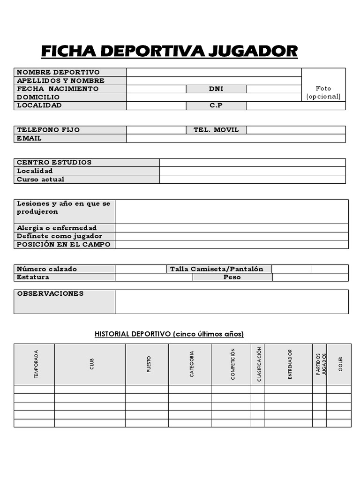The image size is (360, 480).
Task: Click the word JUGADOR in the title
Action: tap(253, 51)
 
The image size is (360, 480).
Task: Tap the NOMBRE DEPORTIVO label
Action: tap(59, 72)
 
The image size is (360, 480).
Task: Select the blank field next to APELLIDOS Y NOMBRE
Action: tap(214, 81)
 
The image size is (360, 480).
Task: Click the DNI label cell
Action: tap(216, 89)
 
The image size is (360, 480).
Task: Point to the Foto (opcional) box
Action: tap(323, 92)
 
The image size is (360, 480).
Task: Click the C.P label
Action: tap(216, 105)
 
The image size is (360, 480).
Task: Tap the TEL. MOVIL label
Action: tap(216, 130)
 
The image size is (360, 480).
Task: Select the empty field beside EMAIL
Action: tap(236, 138)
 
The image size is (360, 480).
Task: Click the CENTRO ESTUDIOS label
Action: tap(54, 163)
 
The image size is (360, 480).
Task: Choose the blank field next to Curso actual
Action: tap(252, 179)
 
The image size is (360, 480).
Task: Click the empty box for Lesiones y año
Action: tap(232, 211)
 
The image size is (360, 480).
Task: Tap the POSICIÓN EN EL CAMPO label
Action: tap(64, 245)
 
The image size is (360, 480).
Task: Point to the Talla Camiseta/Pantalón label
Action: tap(217, 269)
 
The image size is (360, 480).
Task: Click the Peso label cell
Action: tap(232, 277)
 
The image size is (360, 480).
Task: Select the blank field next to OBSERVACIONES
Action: tap(232, 301)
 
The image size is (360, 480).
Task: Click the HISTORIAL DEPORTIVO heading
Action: tap(169, 334)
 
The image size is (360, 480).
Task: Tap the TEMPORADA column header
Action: tap(36, 364)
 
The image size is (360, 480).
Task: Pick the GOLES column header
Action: tap(340, 364)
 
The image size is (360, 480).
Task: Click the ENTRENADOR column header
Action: tap(290, 364)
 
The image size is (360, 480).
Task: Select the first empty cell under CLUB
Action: tap(90, 389)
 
